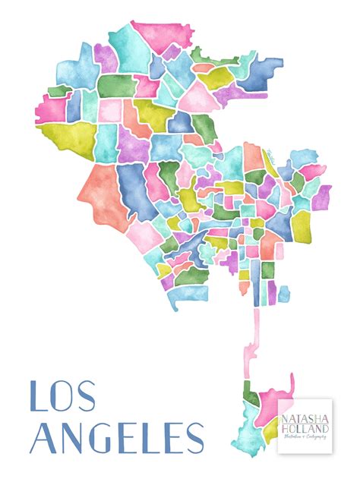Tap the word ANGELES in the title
pyautogui.click(x=117, y=440)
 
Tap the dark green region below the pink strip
pyautogui.click(x=251, y=396)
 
